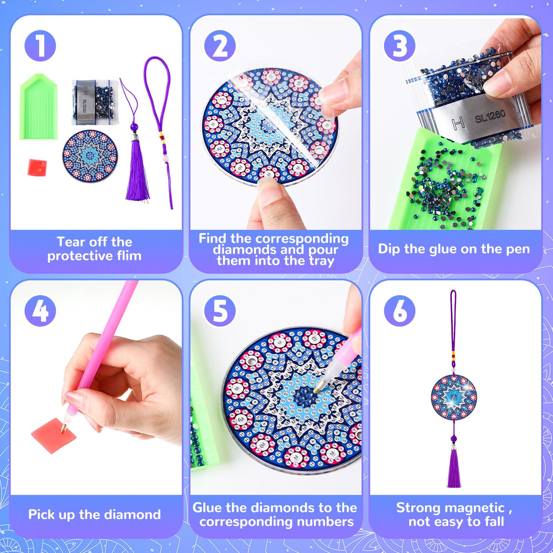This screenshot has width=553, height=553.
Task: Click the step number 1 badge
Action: click(x=40, y=46)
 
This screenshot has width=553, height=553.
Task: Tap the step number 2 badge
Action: click(x=220, y=46)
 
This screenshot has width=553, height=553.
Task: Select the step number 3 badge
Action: click(x=399, y=46)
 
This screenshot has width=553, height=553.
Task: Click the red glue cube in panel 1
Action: click(x=37, y=167)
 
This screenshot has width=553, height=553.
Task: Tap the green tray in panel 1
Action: click(x=39, y=108)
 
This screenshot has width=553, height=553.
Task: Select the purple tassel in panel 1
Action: click(x=137, y=171)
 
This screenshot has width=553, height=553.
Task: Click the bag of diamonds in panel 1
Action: click(x=94, y=102)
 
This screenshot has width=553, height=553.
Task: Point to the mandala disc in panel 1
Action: click(x=90, y=156)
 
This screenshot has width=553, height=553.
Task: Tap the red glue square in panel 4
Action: click(x=54, y=435)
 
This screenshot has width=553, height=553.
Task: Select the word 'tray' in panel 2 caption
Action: click(x=321, y=261)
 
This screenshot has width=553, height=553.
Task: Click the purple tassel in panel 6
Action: click(x=454, y=469)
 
